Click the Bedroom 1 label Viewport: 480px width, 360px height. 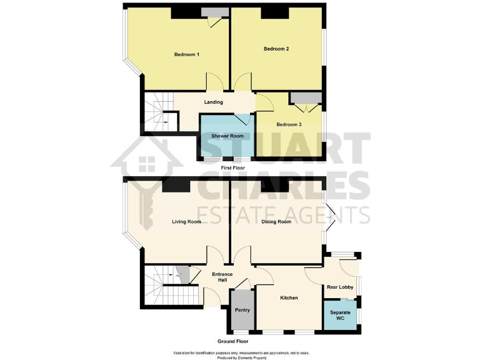[186, 55]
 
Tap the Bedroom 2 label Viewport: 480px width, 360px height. [276, 49]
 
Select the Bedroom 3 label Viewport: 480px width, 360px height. [289, 124]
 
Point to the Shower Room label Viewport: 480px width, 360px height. [227, 136]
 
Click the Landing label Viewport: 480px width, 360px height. [214, 102]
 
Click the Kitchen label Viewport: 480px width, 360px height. [289, 298]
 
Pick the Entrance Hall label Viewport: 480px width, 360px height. [222, 277]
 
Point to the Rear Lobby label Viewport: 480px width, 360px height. [340, 287]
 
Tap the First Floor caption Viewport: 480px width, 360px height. [233, 168]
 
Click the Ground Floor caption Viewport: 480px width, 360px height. [233, 342]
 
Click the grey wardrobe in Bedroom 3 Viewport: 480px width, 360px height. [306, 97]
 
